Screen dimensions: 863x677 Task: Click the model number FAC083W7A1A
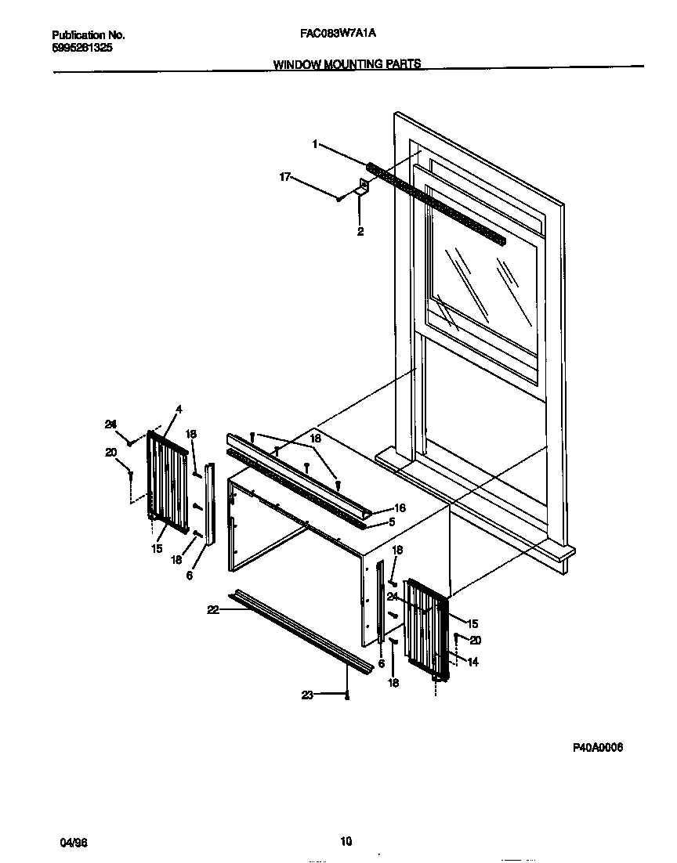pos(343,35)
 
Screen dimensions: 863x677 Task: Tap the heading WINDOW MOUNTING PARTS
pos(347,64)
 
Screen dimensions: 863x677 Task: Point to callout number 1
pos(315,144)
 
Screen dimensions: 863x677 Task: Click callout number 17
pos(285,178)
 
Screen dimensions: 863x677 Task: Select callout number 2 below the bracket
pos(360,231)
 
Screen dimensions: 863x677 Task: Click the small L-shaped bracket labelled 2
pos(364,187)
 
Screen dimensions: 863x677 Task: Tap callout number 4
pos(179,409)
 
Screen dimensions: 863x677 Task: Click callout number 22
pos(212,611)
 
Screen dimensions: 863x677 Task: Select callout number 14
pos(472,662)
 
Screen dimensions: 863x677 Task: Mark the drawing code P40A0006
pos(598,748)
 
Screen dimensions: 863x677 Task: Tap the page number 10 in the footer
pos(346,842)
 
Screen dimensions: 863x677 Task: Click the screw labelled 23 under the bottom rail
pos(347,695)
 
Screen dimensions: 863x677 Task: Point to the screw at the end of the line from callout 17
pos(338,199)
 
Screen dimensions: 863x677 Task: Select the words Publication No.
pos(89,35)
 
